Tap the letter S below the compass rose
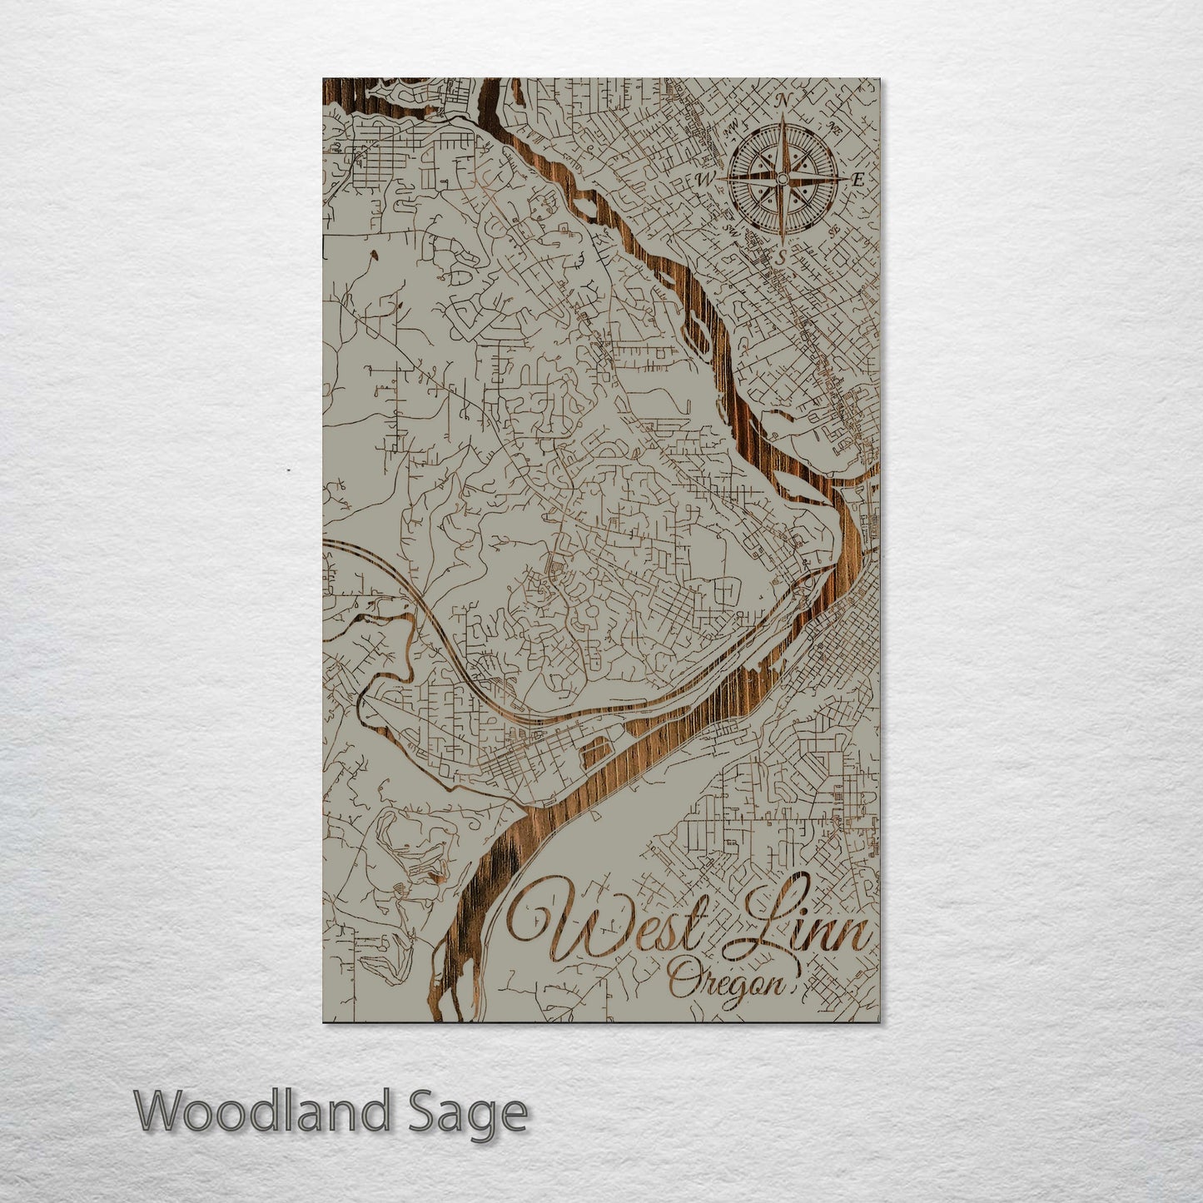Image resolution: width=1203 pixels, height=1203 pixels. click(781, 256)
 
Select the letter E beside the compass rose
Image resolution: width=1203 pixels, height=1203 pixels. click(858, 178)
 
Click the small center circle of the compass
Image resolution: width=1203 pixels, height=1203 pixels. click(782, 178)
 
